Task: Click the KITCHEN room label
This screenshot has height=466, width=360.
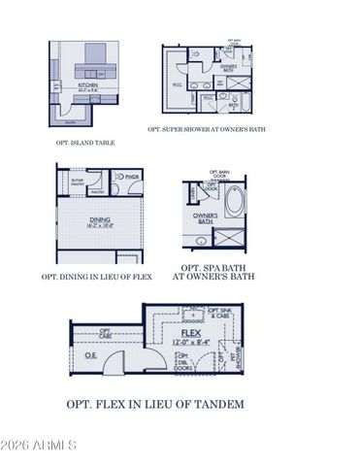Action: point(88,84)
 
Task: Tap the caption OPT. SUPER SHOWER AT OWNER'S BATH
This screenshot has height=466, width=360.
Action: point(207,128)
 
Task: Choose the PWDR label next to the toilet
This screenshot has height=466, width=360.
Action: point(132,176)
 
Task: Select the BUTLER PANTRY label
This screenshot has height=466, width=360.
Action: point(79,182)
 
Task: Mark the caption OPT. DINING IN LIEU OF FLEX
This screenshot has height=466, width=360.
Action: point(97,277)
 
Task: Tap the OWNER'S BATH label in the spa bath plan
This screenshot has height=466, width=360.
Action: point(204,217)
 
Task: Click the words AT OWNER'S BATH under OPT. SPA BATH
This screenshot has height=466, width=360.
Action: point(213,277)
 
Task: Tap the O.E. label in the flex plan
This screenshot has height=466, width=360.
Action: point(90,354)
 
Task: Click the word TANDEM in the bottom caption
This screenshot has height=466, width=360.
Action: point(218,404)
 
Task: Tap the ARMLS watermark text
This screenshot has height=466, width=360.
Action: point(49,446)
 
